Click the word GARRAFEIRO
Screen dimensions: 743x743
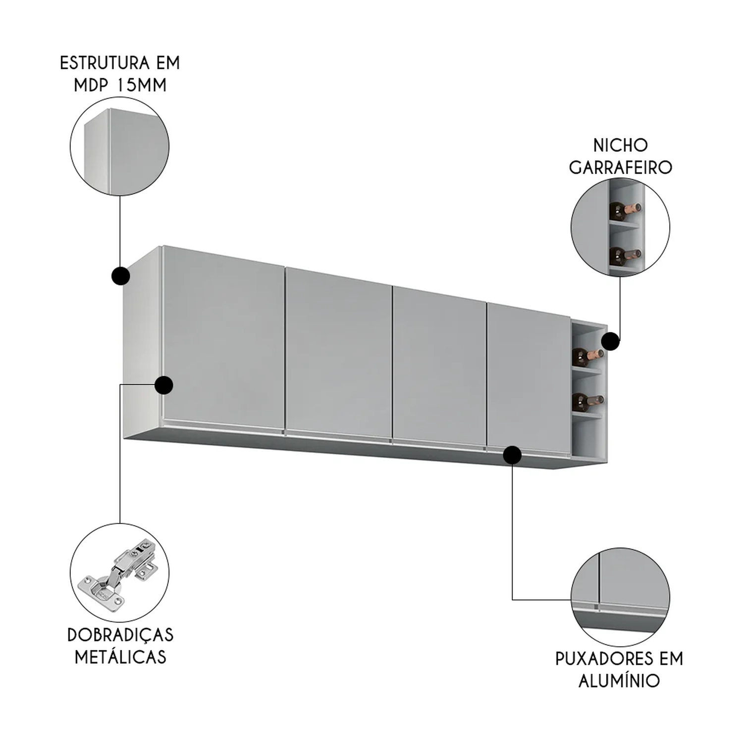[x=620, y=167]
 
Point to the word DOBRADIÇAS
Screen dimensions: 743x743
[x=120, y=635]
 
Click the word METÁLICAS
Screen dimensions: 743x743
[x=120, y=657]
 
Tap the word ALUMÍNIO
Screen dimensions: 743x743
[x=619, y=681]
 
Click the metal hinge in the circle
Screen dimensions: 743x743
[x=117, y=571]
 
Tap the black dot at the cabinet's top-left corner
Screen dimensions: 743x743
[x=120, y=276]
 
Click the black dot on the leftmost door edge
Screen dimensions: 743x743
[x=163, y=385]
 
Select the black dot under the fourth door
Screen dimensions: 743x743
[x=512, y=455]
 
